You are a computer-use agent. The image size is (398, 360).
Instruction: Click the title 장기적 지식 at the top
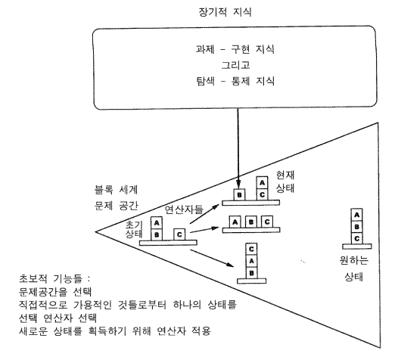click(x=225, y=12)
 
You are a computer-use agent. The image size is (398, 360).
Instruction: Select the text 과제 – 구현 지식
click(x=235, y=49)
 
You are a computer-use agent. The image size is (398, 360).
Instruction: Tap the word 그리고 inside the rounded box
click(x=236, y=65)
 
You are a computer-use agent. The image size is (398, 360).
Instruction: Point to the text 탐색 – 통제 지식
click(x=235, y=81)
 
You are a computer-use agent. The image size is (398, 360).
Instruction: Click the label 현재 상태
click(x=285, y=182)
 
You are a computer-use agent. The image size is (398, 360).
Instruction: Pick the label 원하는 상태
click(x=354, y=268)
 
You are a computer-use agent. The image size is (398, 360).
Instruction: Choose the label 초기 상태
click(x=134, y=229)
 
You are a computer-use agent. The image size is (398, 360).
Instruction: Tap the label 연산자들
click(x=184, y=209)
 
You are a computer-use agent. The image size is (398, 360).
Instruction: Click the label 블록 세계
click(x=116, y=190)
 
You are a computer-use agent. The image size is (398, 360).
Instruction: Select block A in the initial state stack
click(x=157, y=223)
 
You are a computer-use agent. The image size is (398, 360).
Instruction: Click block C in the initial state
click(x=179, y=234)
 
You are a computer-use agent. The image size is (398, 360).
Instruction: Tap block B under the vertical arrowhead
click(x=239, y=195)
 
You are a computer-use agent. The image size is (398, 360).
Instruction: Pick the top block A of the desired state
click(x=356, y=215)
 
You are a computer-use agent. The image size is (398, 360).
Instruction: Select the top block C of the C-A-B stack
click(x=251, y=250)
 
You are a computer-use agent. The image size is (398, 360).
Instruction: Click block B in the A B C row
click(x=251, y=222)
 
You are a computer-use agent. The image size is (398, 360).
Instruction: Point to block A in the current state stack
click(x=263, y=183)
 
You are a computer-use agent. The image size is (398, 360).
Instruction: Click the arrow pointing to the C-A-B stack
click(x=212, y=258)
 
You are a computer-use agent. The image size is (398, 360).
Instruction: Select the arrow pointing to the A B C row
click(x=204, y=230)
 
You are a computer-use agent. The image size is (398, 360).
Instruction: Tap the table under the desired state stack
click(x=357, y=247)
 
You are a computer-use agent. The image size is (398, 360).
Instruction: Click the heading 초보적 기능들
click(x=54, y=278)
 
